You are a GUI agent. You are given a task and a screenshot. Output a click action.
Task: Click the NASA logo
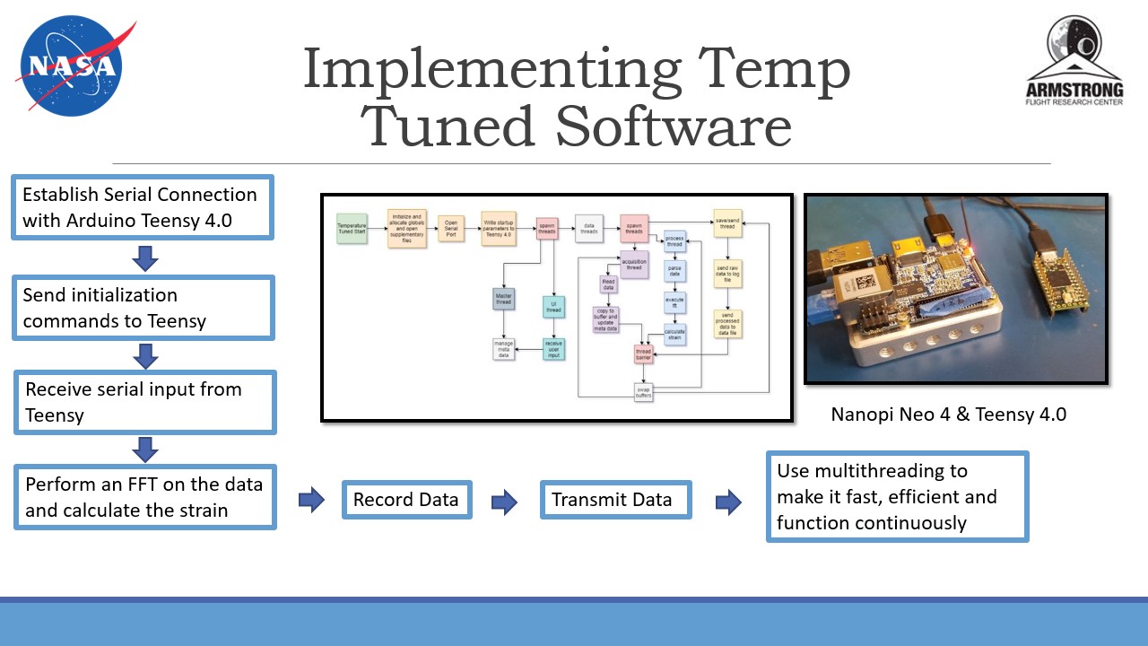pos(72,66)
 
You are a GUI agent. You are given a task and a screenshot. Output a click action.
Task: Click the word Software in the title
pos(674,127)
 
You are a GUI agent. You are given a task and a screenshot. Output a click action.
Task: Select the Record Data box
pos(406,500)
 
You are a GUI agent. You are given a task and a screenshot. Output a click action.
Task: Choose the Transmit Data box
pos(615,500)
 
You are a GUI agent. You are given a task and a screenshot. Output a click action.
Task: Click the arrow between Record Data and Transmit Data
pos(505,502)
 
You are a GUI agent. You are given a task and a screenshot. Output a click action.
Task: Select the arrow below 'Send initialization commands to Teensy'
pos(144,357)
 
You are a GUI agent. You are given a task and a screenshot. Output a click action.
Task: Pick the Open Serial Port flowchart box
pos(450,228)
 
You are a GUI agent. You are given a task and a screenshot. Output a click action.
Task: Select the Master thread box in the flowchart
pos(503,298)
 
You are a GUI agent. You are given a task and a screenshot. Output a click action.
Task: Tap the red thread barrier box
pos(643,354)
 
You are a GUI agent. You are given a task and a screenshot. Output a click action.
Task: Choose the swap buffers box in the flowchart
pos(643,392)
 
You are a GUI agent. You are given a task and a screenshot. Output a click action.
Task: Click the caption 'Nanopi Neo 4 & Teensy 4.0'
pos(948,415)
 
